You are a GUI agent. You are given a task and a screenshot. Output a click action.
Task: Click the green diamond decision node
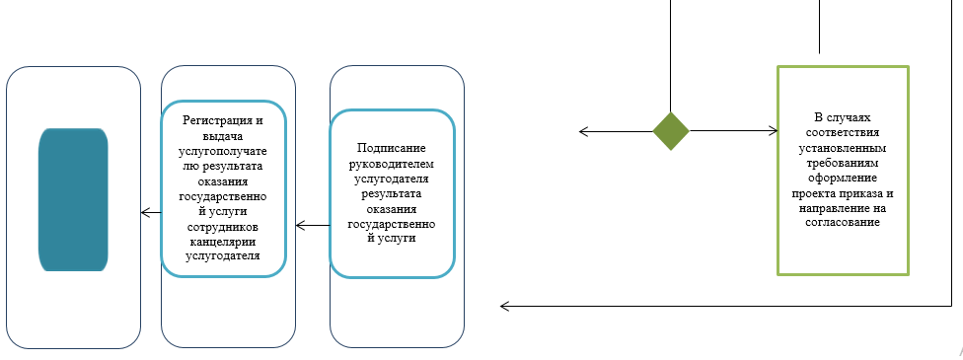coord(671,131)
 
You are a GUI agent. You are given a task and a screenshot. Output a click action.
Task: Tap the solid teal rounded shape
coord(72,199)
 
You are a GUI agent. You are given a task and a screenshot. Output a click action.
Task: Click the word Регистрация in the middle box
coord(223,119)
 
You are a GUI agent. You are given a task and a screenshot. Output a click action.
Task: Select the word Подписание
coord(392,147)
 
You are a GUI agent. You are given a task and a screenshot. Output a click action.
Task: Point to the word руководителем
coord(392,163)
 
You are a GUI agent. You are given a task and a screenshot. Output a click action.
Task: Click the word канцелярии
coord(223,242)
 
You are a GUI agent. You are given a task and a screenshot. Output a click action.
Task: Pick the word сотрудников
coord(223,227)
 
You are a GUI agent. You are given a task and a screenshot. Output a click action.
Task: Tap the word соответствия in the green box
coord(842,131)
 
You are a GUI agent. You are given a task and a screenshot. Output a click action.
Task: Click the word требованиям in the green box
coord(842,163)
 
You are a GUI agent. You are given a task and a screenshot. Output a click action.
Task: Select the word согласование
coord(842,223)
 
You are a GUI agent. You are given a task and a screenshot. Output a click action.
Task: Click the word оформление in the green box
coord(842,179)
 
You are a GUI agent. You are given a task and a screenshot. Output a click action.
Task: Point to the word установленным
coord(842,147)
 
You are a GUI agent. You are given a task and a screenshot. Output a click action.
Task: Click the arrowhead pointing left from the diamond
coord(584,131)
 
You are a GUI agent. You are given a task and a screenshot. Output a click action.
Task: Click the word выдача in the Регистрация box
coord(223,134)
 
